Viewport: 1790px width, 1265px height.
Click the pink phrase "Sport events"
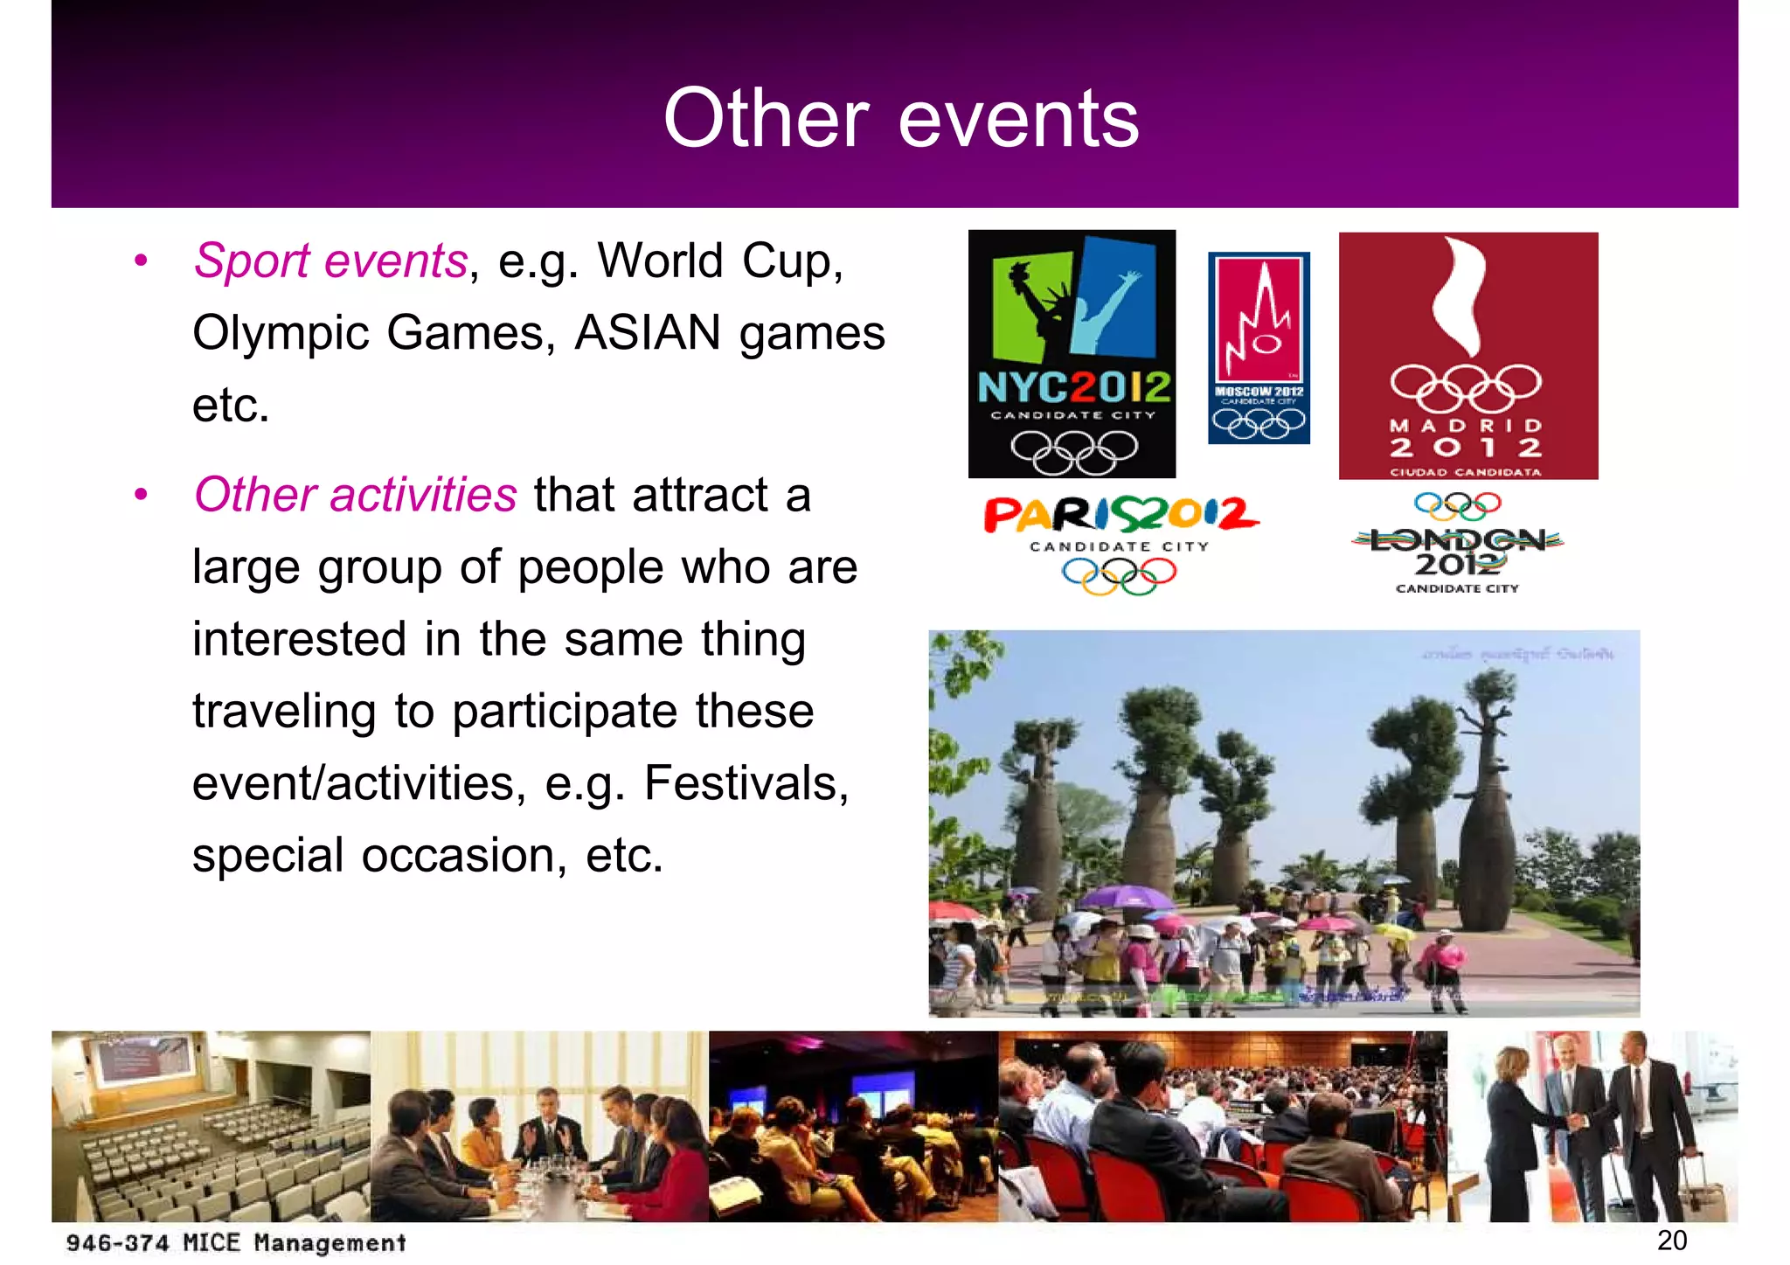(330, 261)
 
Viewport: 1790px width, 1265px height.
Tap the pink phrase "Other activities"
(355, 495)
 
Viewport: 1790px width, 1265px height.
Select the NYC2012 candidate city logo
(1072, 353)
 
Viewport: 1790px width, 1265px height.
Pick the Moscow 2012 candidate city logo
(1259, 348)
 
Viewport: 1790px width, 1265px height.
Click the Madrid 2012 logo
(1467, 355)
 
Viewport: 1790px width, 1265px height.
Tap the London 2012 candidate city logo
(1458, 546)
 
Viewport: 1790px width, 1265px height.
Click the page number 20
(1671, 1240)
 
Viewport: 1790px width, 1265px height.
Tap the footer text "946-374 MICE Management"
(236, 1242)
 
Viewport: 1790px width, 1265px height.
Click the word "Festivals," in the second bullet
(746, 783)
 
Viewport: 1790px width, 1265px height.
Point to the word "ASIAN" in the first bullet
(648, 333)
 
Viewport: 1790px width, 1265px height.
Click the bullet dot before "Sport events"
(141, 261)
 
